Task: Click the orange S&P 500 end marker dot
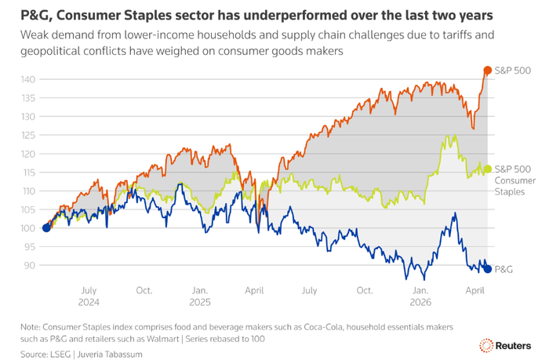[x=488, y=71]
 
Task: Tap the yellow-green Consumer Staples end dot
[x=488, y=169]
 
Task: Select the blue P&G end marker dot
[x=488, y=269]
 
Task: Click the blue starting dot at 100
[x=46, y=228]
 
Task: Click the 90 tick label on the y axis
[x=29, y=265]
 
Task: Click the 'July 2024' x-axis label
[x=89, y=295]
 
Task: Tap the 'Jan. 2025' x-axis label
[x=199, y=295]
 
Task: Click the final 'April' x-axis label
[x=475, y=289]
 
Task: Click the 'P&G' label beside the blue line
[x=504, y=269]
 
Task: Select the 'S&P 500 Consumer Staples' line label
[x=514, y=180]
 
